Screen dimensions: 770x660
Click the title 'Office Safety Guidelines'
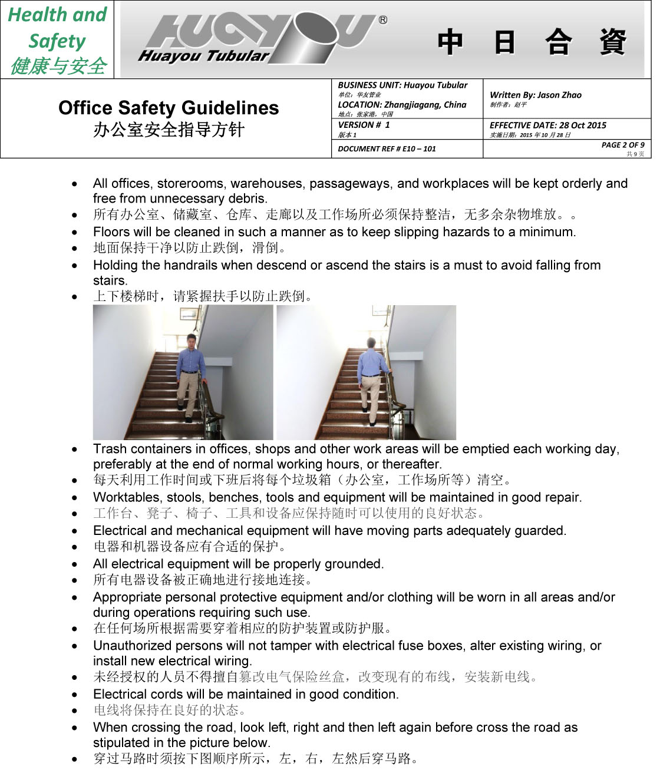(x=169, y=108)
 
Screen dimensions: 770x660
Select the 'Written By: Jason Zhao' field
(x=536, y=95)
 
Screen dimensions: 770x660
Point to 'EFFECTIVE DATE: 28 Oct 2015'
(x=547, y=125)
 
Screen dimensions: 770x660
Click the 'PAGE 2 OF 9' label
(x=622, y=145)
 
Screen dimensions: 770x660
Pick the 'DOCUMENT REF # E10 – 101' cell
(x=387, y=149)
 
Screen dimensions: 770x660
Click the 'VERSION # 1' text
(x=364, y=125)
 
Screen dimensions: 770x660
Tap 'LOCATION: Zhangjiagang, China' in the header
(x=402, y=105)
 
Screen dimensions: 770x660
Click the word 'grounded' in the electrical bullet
(x=355, y=564)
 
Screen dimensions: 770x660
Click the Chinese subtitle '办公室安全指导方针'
(x=169, y=130)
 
